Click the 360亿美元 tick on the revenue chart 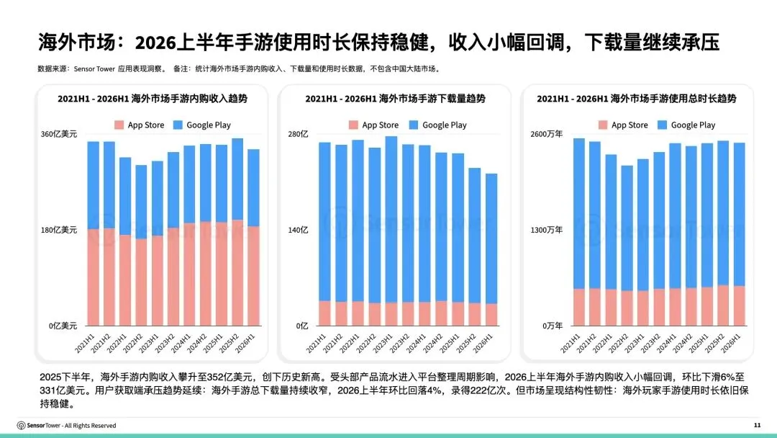click(x=59, y=134)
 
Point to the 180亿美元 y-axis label click(x=59, y=230)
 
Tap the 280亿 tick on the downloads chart click(x=298, y=134)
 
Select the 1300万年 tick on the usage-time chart click(x=546, y=230)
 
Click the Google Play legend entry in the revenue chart click(x=202, y=125)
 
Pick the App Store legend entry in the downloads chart click(x=373, y=125)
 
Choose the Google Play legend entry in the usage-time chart click(x=686, y=125)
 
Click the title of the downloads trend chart click(x=395, y=99)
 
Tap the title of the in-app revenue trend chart click(x=152, y=99)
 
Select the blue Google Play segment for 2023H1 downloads click(x=391, y=219)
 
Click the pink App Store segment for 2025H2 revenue click(x=237, y=272)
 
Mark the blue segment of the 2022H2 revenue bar click(x=141, y=202)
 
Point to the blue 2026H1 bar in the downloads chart click(x=491, y=238)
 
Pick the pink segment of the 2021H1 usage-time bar click(x=578, y=307)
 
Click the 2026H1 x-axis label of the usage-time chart click(x=731, y=343)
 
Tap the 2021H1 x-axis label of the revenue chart click(x=85, y=343)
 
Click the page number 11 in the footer click(x=757, y=425)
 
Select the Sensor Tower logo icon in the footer click(x=22, y=426)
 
